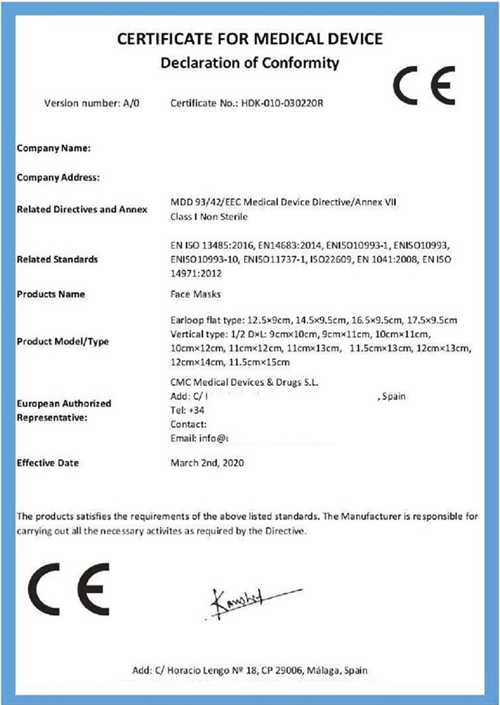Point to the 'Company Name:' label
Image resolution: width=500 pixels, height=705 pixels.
click(x=53, y=149)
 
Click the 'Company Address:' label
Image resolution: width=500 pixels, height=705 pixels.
click(x=58, y=177)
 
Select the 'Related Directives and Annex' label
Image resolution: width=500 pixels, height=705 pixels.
click(x=81, y=209)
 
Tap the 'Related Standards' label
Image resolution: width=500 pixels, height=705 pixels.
click(x=57, y=259)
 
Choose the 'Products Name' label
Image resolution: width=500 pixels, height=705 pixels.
click(x=51, y=294)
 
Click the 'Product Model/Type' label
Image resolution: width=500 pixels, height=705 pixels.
click(x=62, y=341)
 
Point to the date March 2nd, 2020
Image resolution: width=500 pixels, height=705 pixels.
click(x=207, y=462)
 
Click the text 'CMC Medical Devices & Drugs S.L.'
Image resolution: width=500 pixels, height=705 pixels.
click(x=244, y=382)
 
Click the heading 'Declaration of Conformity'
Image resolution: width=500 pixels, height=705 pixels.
click(x=249, y=63)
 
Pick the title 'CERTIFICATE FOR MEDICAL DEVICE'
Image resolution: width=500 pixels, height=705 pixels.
click(x=250, y=39)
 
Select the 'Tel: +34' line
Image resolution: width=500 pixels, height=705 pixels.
click(x=186, y=410)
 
